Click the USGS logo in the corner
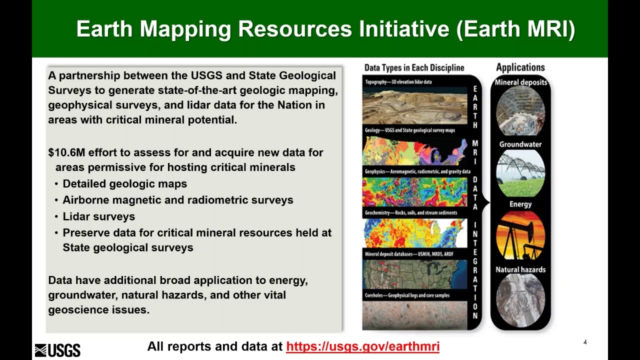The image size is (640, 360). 57,350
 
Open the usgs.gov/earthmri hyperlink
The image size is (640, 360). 362,346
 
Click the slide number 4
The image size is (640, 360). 585,342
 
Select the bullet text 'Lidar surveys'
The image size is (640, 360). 98,216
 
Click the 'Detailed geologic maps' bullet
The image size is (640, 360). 124,184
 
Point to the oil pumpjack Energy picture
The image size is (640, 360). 520,235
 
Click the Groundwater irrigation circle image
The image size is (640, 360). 520,173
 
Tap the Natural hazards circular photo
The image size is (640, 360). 520,300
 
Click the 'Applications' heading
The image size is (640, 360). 520,67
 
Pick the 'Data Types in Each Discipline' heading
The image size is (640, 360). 414,68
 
